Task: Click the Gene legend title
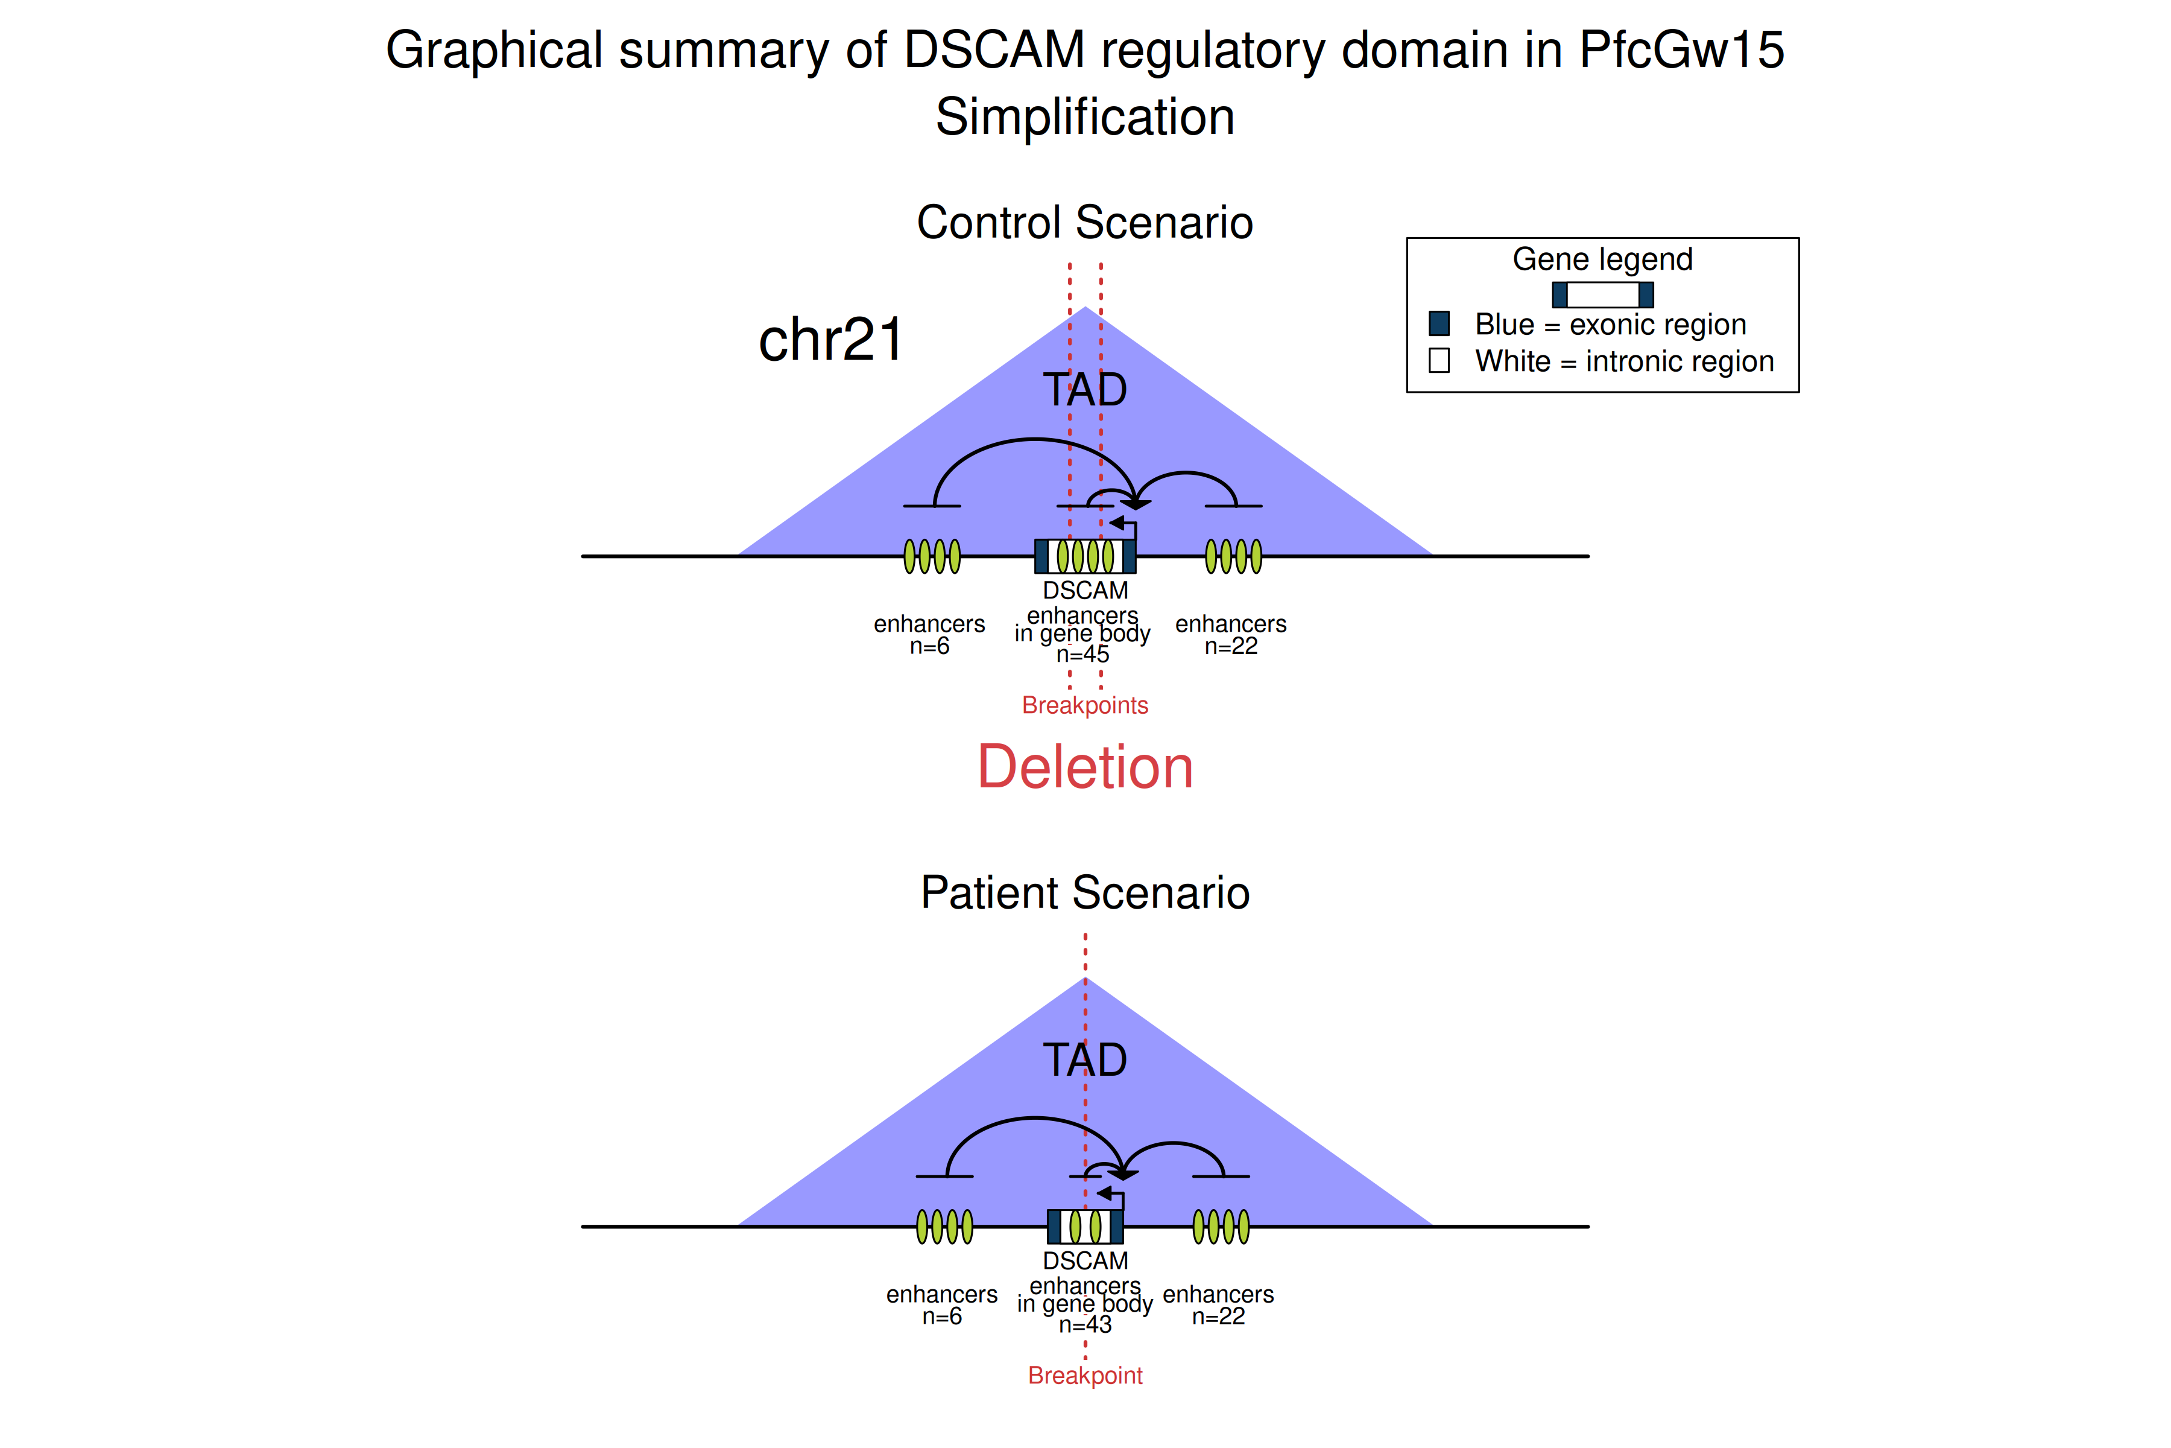coord(1602,259)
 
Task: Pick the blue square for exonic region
coord(1439,323)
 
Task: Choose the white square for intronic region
coord(1439,360)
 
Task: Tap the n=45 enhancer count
coord(1082,655)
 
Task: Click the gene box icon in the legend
coord(1602,294)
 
